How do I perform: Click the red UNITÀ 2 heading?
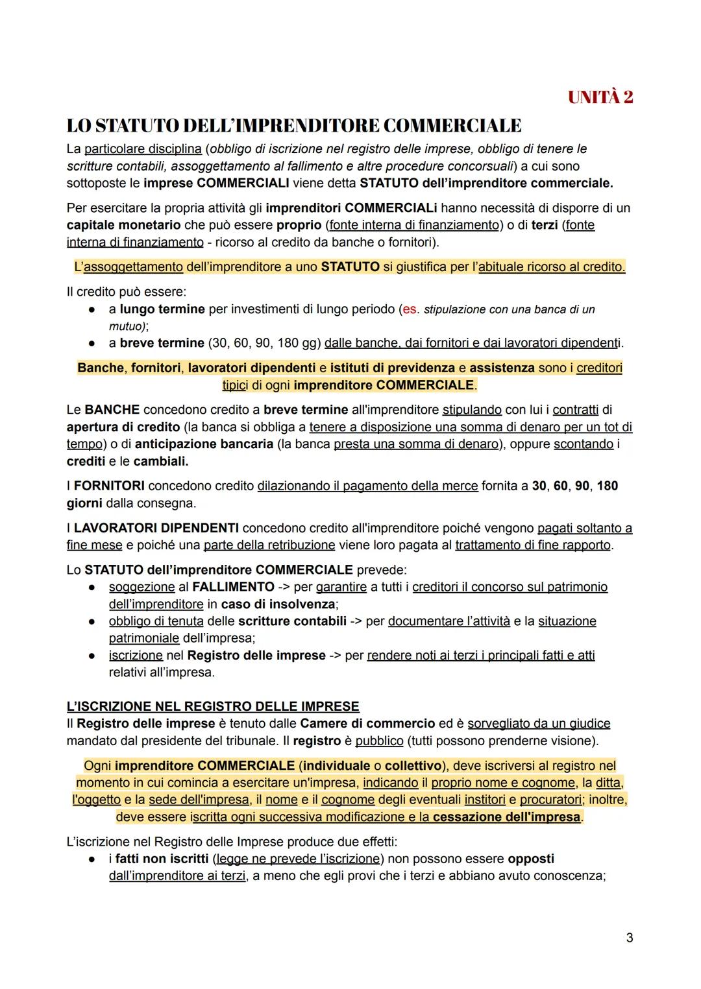tap(600, 98)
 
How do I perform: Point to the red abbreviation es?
tap(410, 309)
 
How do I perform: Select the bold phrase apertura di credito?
tap(123, 427)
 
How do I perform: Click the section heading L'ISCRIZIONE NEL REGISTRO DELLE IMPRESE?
tap(213, 706)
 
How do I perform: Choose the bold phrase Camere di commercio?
tap(368, 723)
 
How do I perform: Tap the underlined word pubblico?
tap(380, 741)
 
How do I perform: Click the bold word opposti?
tap(531, 859)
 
